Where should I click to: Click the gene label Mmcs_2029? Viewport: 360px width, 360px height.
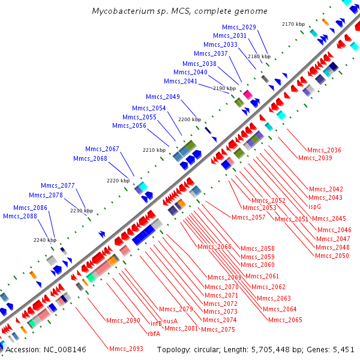(x=239, y=27)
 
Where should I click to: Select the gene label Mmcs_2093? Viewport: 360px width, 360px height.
(x=125, y=349)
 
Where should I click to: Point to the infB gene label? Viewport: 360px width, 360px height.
(x=156, y=324)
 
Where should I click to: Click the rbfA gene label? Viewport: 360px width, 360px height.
(x=154, y=333)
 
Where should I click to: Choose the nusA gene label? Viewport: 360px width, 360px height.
(x=170, y=321)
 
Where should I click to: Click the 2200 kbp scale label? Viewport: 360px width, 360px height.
(x=188, y=119)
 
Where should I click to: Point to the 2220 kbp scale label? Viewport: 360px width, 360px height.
(x=118, y=180)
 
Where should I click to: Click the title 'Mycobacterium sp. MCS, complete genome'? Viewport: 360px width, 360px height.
(x=180, y=11)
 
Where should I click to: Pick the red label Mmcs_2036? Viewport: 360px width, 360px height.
(x=324, y=150)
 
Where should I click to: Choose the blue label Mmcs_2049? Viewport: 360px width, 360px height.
(x=163, y=97)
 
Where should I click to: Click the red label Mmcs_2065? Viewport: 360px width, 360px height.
(x=285, y=320)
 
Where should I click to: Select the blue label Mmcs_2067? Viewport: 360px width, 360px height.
(x=102, y=149)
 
